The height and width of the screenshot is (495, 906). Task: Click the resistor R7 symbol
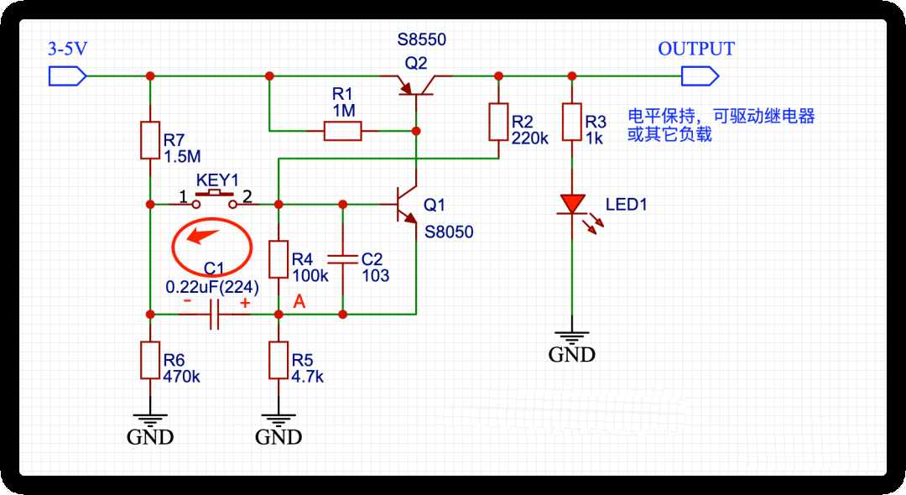150,140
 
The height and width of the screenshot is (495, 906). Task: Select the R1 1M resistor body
342,130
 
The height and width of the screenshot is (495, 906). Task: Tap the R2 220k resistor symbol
498,122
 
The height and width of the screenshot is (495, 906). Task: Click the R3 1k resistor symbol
571,122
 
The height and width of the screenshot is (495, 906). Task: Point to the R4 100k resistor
279,259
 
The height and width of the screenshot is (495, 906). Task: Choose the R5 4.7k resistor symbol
279,360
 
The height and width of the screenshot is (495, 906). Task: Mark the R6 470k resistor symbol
150,360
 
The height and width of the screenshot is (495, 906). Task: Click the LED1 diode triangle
571,204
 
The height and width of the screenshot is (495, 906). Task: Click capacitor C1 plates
214,315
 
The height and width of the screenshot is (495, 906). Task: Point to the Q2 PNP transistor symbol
416,84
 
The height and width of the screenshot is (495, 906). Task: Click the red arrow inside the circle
203,235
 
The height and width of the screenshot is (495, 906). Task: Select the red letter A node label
299,302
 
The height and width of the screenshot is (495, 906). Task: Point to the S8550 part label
422,39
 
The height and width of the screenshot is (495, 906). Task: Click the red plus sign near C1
245,303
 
